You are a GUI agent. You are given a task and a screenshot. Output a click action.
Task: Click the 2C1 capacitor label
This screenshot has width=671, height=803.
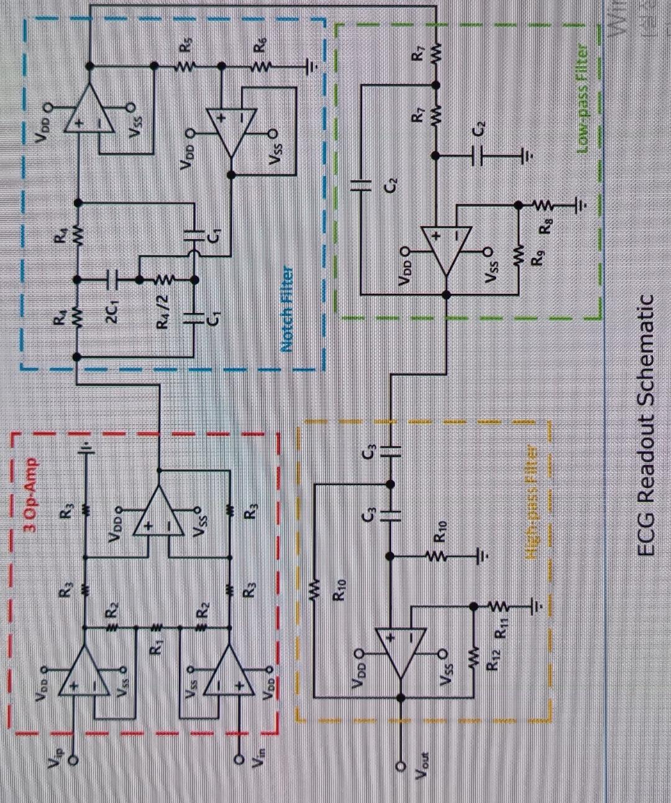click(114, 309)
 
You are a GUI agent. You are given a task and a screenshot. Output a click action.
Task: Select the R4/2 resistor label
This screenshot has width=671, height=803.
click(163, 314)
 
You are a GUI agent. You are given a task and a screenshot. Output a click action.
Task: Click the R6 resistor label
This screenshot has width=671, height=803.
click(262, 45)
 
